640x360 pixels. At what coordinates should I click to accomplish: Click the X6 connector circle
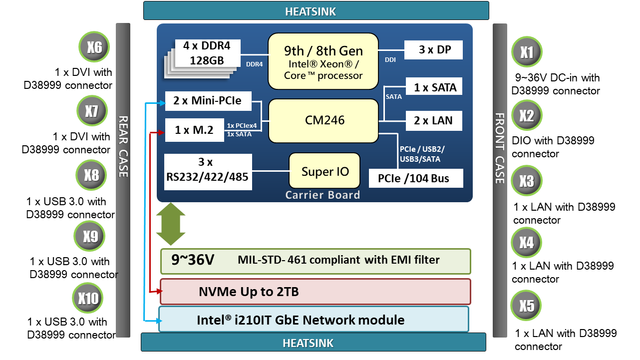(x=94, y=47)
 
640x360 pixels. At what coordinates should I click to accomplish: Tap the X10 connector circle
(x=88, y=299)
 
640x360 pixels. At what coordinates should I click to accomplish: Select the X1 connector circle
(x=527, y=52)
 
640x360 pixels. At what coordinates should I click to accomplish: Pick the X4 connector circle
(x=526, y=243)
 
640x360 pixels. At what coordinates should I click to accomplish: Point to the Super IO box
(x=325, y=171)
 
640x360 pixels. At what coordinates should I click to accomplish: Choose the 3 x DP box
(x=434, y=50)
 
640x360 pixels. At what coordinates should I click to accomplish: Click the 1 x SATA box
(x=435, y=87)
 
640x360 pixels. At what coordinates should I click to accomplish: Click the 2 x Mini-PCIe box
(x=207, y=101)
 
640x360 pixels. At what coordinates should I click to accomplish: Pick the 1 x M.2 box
(x=194, y=130)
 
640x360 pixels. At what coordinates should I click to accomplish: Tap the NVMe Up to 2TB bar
(x=315, y=292)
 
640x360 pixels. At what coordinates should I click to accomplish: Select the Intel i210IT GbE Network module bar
(x=314, y=319)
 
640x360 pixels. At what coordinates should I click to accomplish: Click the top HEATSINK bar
(x=316, y=11)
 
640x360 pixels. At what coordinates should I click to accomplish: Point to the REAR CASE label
(x=123, y=146)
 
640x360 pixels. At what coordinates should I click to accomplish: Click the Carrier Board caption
(x=322, y=195)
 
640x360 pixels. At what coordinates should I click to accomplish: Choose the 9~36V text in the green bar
(x=193, y=260)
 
